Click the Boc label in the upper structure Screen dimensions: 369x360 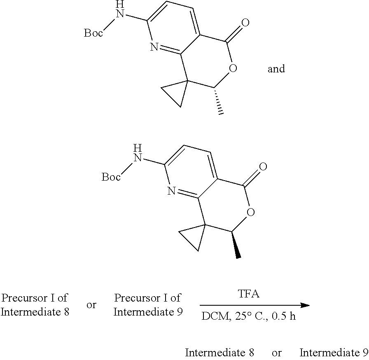click(93, 33)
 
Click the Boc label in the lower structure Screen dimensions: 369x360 click(111, 177)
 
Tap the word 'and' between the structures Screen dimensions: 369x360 click(276, 69)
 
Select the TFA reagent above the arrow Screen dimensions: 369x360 click(249, 294)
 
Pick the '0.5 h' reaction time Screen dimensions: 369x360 click(284, 316)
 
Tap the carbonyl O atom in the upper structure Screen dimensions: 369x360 click(245, 23)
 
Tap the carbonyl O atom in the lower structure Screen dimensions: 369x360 click(263, 167)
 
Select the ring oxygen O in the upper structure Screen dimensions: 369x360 click(233, 68)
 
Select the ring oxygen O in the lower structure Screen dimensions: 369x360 click(251, 212)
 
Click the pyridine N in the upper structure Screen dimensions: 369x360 click(154, 47)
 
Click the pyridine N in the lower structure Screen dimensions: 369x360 click(172, 191)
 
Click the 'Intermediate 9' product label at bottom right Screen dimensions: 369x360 click(334, 353)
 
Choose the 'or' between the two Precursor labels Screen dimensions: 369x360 click(91, 305)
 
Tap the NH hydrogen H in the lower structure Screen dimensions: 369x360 click(138, 149)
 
